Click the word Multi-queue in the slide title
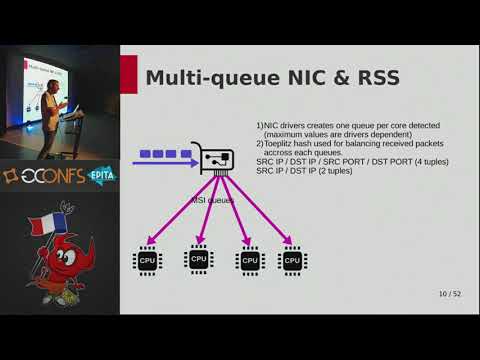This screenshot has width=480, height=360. point(201,77)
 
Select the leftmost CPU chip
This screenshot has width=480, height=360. point(147,261)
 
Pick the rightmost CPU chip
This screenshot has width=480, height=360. point(292,261)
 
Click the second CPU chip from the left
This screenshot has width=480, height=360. point(199,260)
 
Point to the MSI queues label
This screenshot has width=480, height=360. point(212,200)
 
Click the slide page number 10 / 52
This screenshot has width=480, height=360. point(449,294)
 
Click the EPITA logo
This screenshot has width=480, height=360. point(102,174)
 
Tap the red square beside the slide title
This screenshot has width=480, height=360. point(128,74)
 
